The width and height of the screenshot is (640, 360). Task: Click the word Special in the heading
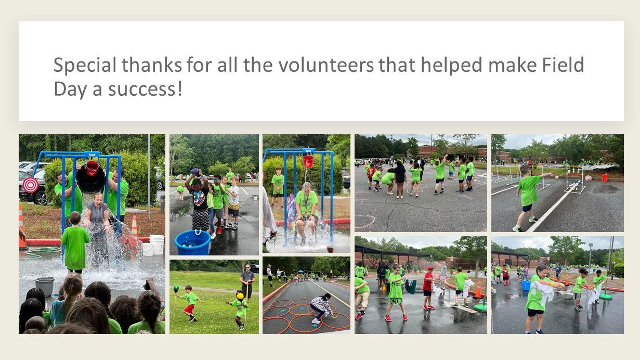click(85, 65)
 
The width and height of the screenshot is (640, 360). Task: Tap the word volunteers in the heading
click(326, 65)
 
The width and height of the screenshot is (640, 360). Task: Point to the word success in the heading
click(141, 89)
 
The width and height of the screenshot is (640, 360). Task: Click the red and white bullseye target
click(30, 185)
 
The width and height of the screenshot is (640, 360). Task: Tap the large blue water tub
click(192, 242)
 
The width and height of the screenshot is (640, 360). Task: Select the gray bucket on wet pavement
click(45, 286)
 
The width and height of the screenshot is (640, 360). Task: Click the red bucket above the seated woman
click(308, 161)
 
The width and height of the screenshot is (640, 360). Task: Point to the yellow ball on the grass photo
click(240, 296)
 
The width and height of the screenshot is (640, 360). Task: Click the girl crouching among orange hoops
click(321, 308)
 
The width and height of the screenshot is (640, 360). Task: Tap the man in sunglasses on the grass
click(247, 282)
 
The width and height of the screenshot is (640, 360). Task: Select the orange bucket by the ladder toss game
click(605, 178)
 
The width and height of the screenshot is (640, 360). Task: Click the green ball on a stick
click(176, 288)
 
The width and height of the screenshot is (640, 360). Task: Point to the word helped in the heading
click(451, 65)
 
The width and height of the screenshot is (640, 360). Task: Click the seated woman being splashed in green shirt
click(307, 212)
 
